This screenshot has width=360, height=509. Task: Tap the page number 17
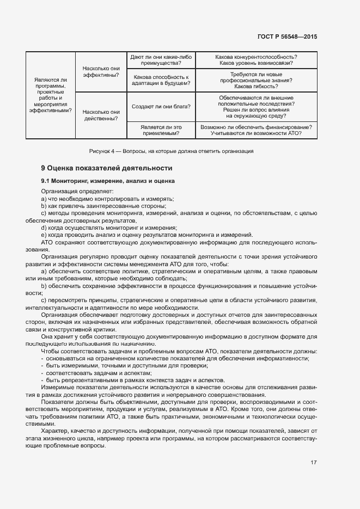[x=314, y=463]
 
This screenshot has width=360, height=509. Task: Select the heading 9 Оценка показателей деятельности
[x=106, y=168]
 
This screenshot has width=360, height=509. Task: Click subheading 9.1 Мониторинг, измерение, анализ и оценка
[x=107, y=181]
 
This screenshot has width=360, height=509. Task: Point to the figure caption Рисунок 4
[x=171, y=151]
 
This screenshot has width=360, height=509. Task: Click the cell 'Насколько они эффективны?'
[x=101, y=72]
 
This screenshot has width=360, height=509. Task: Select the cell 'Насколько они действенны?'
[x=101, y=115]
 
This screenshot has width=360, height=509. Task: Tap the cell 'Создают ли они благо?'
[x=161, y=107]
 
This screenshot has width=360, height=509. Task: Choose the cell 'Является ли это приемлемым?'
[x=161, y=130]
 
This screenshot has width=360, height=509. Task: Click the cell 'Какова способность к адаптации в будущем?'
[x=161, y=81]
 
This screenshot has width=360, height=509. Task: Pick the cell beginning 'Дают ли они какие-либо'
[x=161, y=60]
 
